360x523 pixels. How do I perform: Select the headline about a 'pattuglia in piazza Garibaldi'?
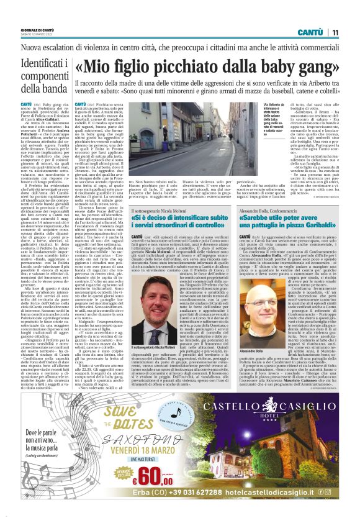(x=280, y=221)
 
